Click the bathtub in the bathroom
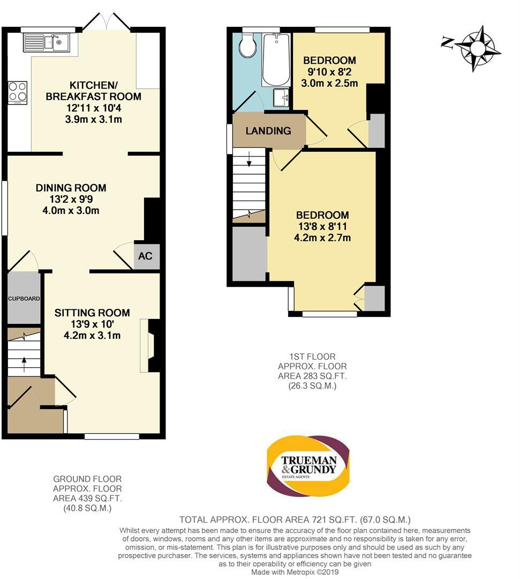click(275, 58)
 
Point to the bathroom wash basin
click(281, 98)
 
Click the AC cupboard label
click(146, 256)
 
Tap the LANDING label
click(268, 131)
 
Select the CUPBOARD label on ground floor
click(24, 298)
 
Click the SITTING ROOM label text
click(92, 313)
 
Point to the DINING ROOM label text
click(71, 188)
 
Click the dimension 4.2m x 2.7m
click(322, 237)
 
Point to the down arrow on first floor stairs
click(249, 160)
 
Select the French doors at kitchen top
click(107, 23)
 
